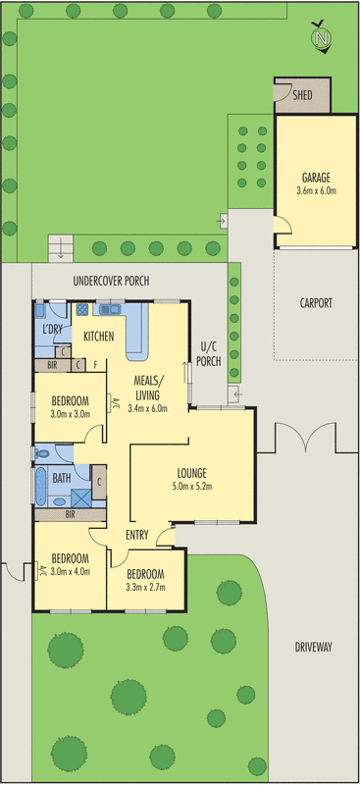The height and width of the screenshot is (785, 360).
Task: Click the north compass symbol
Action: pyautogui.click(x=321, y=37)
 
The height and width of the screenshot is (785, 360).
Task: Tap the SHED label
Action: pyautogui.click(x=303, y=95)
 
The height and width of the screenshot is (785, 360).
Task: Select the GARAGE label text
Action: pyautogui.click(x=316, y=178)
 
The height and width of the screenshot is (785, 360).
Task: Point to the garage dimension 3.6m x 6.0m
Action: pyautogui.click(x=316, y=190)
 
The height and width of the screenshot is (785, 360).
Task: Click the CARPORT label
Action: pyautogui.click(x=316, y=303)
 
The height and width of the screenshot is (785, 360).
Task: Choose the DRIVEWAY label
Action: pyautogui.click(x=314, y=647)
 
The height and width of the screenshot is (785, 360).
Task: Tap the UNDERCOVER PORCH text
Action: pyautogui.click(x=111, y=281)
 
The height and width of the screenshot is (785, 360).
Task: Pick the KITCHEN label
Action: pyautogui.click(x=99, y=337)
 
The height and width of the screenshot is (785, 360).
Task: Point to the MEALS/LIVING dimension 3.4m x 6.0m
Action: pyautogui.click(x=148, y=408)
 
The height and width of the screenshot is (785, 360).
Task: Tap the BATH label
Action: pyautogui.click(x=61, y=479)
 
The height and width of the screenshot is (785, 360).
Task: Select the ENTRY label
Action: pyautogui.click(x=137, y=535)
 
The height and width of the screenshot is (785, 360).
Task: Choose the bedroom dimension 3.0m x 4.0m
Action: pyautogui.click(x=70, y=572)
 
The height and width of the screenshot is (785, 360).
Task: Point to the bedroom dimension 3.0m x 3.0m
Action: pyautogui.click(x=70, y=413)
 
